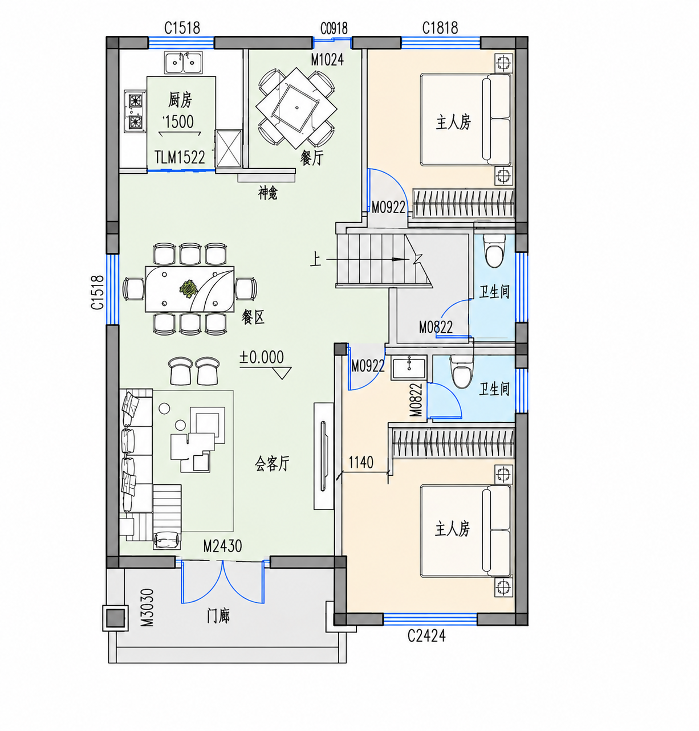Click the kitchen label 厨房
click(180, 100)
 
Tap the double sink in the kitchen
click(183, 63)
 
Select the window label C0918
click(334, 28)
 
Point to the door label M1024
click(327, 59)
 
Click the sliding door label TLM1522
click(180, 157)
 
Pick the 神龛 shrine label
click(267, 193)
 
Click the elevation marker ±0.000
click(262, 357)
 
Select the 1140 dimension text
click(361, 463)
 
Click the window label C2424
click(426, 636)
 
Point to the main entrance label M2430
click(222, 546)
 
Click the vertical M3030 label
click(147, 607)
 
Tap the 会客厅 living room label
click(272, 464)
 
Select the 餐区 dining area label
click(253, 317)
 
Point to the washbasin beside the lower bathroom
click(408, 367)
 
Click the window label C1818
click(440, 28)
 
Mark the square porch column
click(115, 618)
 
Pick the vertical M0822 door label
click(416, 399)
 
